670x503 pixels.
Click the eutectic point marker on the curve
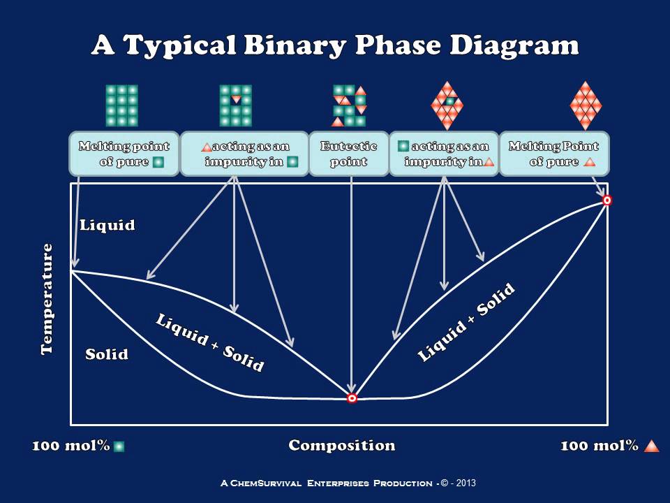click(352, 398)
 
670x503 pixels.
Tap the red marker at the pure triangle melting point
click(607, 201)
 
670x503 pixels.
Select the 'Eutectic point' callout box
click(348, 154)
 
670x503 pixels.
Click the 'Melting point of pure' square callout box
click(124, 154)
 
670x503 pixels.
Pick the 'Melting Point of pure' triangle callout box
click(553, 154)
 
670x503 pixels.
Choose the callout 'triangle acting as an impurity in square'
click(244, 154)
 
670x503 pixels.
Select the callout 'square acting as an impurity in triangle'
click(444, 154)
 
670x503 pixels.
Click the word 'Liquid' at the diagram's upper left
click(107, 225)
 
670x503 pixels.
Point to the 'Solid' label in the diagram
click(107, 354)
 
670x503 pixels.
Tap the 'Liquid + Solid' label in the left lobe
click(209, 342)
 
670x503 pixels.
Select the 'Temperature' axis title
click(47, 299)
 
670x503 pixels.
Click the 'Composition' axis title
click(342, 446)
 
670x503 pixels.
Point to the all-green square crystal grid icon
click(121, 105)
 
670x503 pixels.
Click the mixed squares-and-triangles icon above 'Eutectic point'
click(349, 105)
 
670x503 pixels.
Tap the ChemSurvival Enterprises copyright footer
click(348, 483)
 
